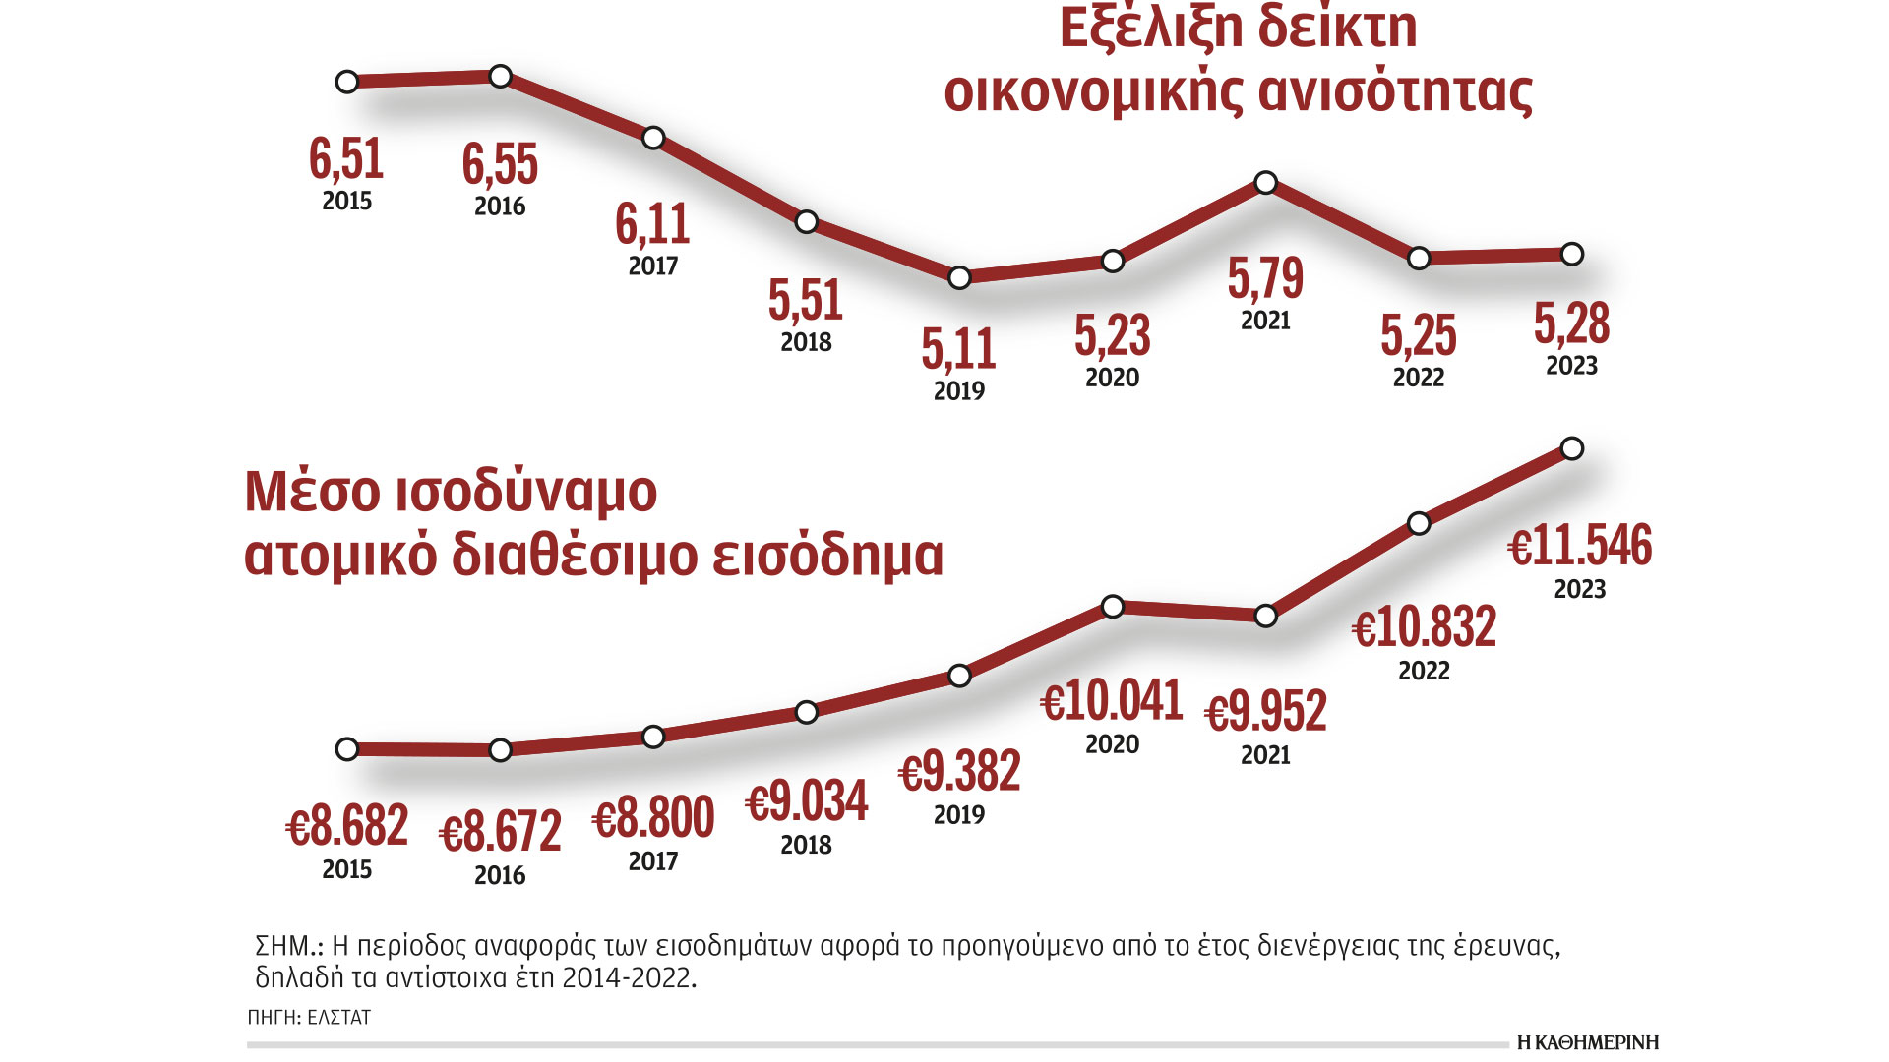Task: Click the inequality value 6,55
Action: (500, 164)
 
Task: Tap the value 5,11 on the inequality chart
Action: (958, 349)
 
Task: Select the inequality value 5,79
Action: (1265, 278)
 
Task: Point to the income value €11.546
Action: (1580, 546)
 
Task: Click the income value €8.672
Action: (500, 833)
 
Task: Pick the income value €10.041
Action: (1112, 702)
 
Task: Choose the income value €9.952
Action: (1265, 712)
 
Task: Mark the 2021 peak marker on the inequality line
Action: (1266, 182)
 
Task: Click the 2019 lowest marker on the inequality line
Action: (959, 277)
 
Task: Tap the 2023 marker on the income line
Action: (1572, 448)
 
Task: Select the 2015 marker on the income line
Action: (347, 749)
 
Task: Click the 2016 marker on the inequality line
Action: (500, 76)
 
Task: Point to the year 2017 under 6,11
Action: (653, 265)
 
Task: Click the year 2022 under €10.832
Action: (1424, 671)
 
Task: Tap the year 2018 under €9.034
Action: (806, 845)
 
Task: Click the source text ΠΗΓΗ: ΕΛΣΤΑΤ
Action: (309, 1018)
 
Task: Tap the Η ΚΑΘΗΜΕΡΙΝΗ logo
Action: (1587, 1042)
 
